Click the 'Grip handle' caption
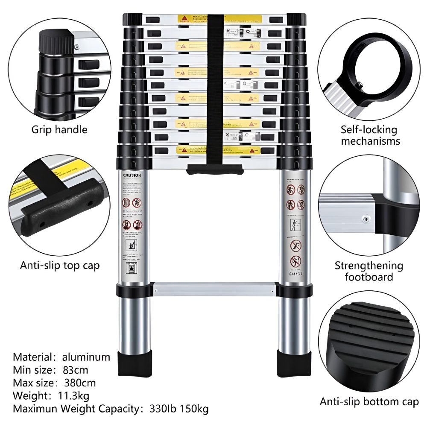[59, 129]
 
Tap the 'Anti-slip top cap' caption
[60, 266]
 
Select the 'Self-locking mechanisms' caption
[369, 135]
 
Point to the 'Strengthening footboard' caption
[369, 271]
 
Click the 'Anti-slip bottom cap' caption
[369, 401]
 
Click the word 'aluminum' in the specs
[86, 357]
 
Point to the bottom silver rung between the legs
[213, 289]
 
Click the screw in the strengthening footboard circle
[366, 219]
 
